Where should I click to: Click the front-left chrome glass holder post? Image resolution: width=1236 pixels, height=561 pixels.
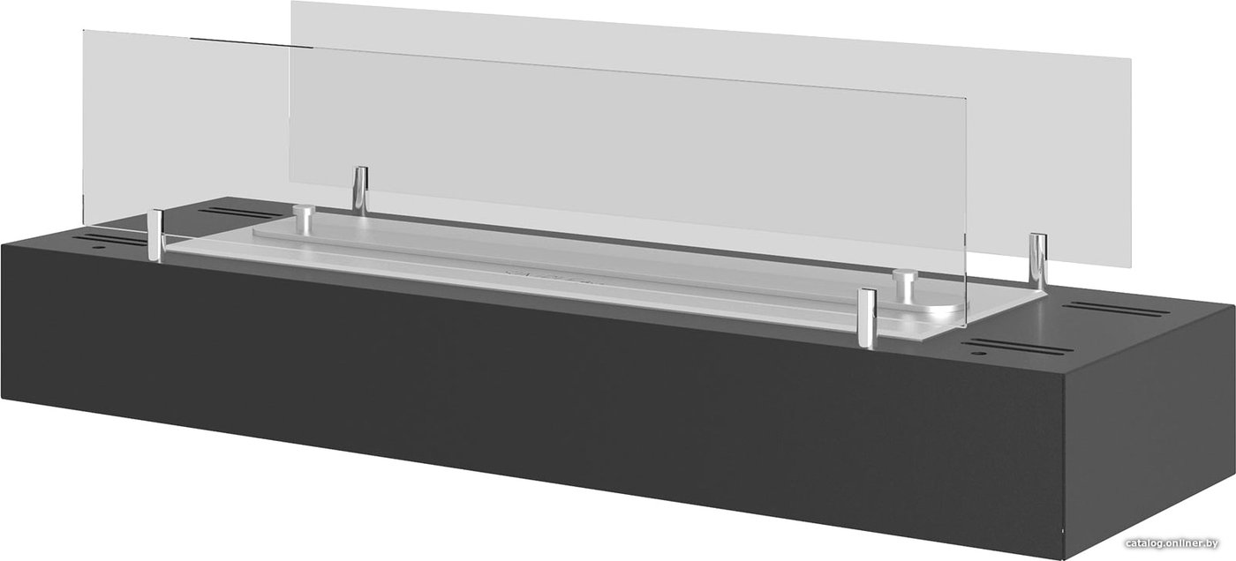click(157, 235)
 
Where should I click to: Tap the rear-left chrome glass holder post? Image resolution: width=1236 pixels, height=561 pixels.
click(361, 191)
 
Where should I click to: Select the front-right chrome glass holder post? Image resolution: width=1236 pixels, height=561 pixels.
click(867, 318)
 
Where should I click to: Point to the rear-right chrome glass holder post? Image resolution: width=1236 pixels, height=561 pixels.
click(1038, 262)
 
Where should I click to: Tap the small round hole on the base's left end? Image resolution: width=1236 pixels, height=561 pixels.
click(100, 248)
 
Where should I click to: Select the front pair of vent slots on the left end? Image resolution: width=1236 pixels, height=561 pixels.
click(111, 240)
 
